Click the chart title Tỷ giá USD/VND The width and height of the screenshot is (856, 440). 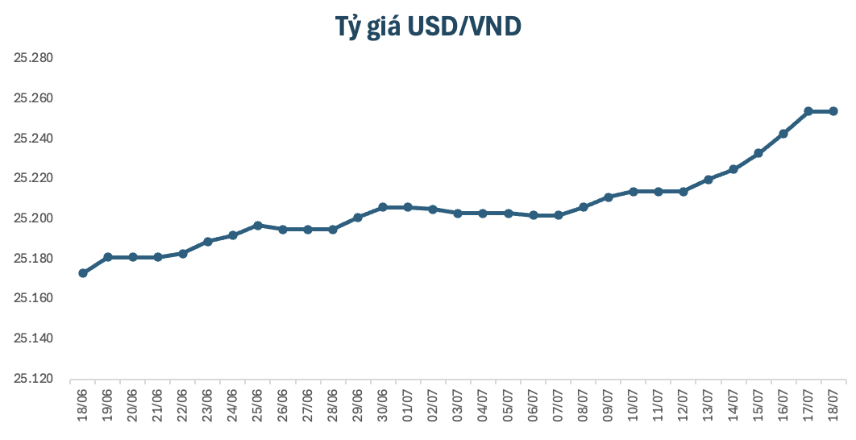[428, 27]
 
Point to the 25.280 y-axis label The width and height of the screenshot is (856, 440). [34, 58]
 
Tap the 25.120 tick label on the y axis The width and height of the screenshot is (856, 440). [34, 379]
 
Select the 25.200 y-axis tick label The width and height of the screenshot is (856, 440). [34, 218]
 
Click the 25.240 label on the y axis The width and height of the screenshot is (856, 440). [34, 138]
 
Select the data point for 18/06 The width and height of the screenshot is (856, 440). [83, 273]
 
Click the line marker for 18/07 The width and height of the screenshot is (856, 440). [833, 111]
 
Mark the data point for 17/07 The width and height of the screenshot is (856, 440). [808, 111]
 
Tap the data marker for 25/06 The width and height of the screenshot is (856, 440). [258, 226]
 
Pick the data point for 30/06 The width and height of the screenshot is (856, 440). [383, 207]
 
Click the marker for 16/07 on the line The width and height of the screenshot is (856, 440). [783, 134]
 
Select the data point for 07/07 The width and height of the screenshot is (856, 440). [558, 216]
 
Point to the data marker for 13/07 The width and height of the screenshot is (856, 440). [708, 180]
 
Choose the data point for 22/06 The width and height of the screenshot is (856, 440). [183, 254]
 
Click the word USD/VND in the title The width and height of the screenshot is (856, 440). [464, 27]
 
